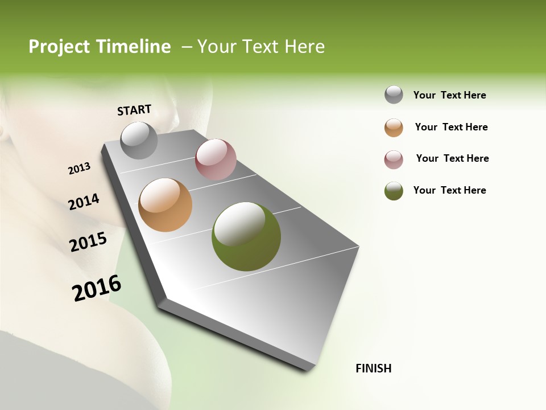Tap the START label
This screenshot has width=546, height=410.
pyautogui.click(x=134, y=110)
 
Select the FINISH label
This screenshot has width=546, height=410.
pyautogui.click(x=374, y=368)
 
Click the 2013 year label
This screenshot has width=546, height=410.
pyautogui.click(x=79, y=169)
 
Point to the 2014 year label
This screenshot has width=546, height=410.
pyautogui.click(x=84, y=202)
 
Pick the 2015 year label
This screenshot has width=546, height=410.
pyautogui.click(x=88, y=242)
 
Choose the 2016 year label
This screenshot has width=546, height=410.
pyautogui.click(x=97, y=288)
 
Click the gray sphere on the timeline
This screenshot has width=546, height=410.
pyautogui.click(x=139, y=140)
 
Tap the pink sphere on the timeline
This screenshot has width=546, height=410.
pyautogui.click(x=216, y=159)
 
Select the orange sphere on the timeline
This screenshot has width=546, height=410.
pyautogui.click(x=166, y=205)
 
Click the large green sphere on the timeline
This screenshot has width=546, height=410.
pyautogui.click(x=246, y=236)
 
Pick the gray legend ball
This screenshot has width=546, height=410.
pyautogui.click(x=394, y=95)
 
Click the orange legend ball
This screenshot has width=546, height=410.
pyautogui.click(x=394, y=128)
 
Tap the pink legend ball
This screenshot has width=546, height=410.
pyautogui.click(x=394, y=159)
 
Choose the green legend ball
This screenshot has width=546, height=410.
pyautogui.click(x=394, y=191)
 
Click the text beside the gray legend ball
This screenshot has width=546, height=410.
pyautogui.click(x=450, y=95)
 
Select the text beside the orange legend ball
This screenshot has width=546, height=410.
pyautogui.click(x=452, y=127)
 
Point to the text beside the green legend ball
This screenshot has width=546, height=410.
pyautogui.click(x=450, y=190)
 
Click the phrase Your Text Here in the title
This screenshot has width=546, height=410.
pyautogui.click(x=261, y=47)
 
